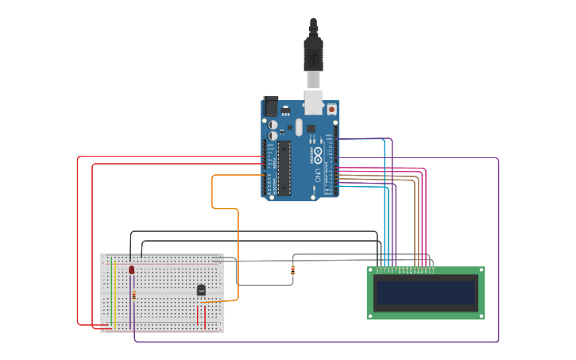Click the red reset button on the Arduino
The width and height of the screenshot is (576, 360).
[331, 109]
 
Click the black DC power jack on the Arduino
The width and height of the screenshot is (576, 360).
[270, 105]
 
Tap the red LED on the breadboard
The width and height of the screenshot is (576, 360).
[132, 270]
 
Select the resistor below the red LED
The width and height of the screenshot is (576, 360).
[133, 295]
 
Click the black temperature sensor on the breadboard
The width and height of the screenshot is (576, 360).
[201, 290]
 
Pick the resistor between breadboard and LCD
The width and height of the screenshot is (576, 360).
[293, 270]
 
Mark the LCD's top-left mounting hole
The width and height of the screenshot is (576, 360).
[371, 272]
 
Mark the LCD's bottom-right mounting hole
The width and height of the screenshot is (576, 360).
[480, 315]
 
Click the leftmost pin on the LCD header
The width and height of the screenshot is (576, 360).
[377, 269]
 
